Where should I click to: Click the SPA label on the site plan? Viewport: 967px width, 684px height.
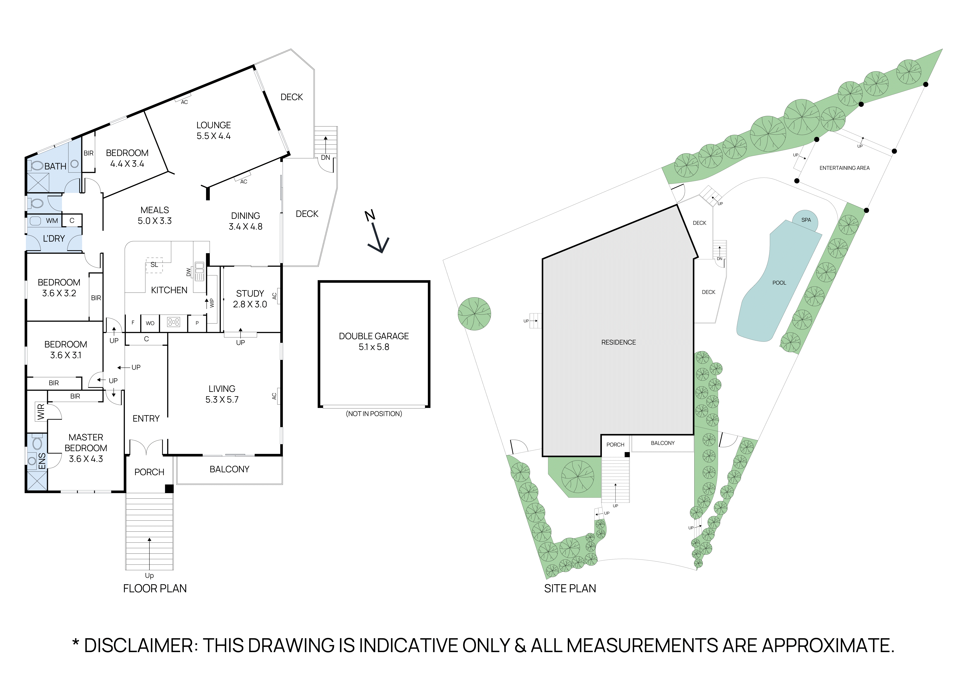[x=806, y=220]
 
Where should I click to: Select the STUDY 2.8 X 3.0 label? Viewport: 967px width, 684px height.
[x=250, y=299]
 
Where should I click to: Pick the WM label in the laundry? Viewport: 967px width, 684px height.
[x=52, y=221]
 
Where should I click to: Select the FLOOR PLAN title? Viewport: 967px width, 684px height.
[x=155, y=588]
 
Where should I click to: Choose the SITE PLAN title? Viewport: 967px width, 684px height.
[x=570, y=588]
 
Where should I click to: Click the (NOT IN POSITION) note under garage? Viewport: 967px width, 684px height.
[x=374, y=414]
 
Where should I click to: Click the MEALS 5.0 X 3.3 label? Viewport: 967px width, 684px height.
[x=155, y=215]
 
